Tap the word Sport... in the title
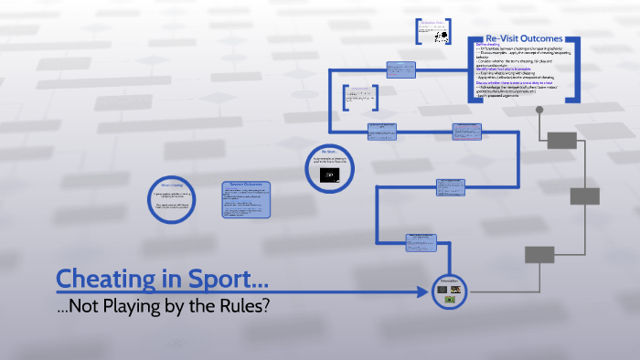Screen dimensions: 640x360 [x=228, y=278]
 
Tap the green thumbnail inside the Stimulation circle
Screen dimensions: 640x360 [x=450, y=299]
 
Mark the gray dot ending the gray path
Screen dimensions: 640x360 [x=539, y=111]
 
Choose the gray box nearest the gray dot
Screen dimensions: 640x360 [x=562, y=140]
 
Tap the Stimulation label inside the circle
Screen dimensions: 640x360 [x=450, y=281]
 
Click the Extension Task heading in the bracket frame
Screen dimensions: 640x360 [x=433, y=22]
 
